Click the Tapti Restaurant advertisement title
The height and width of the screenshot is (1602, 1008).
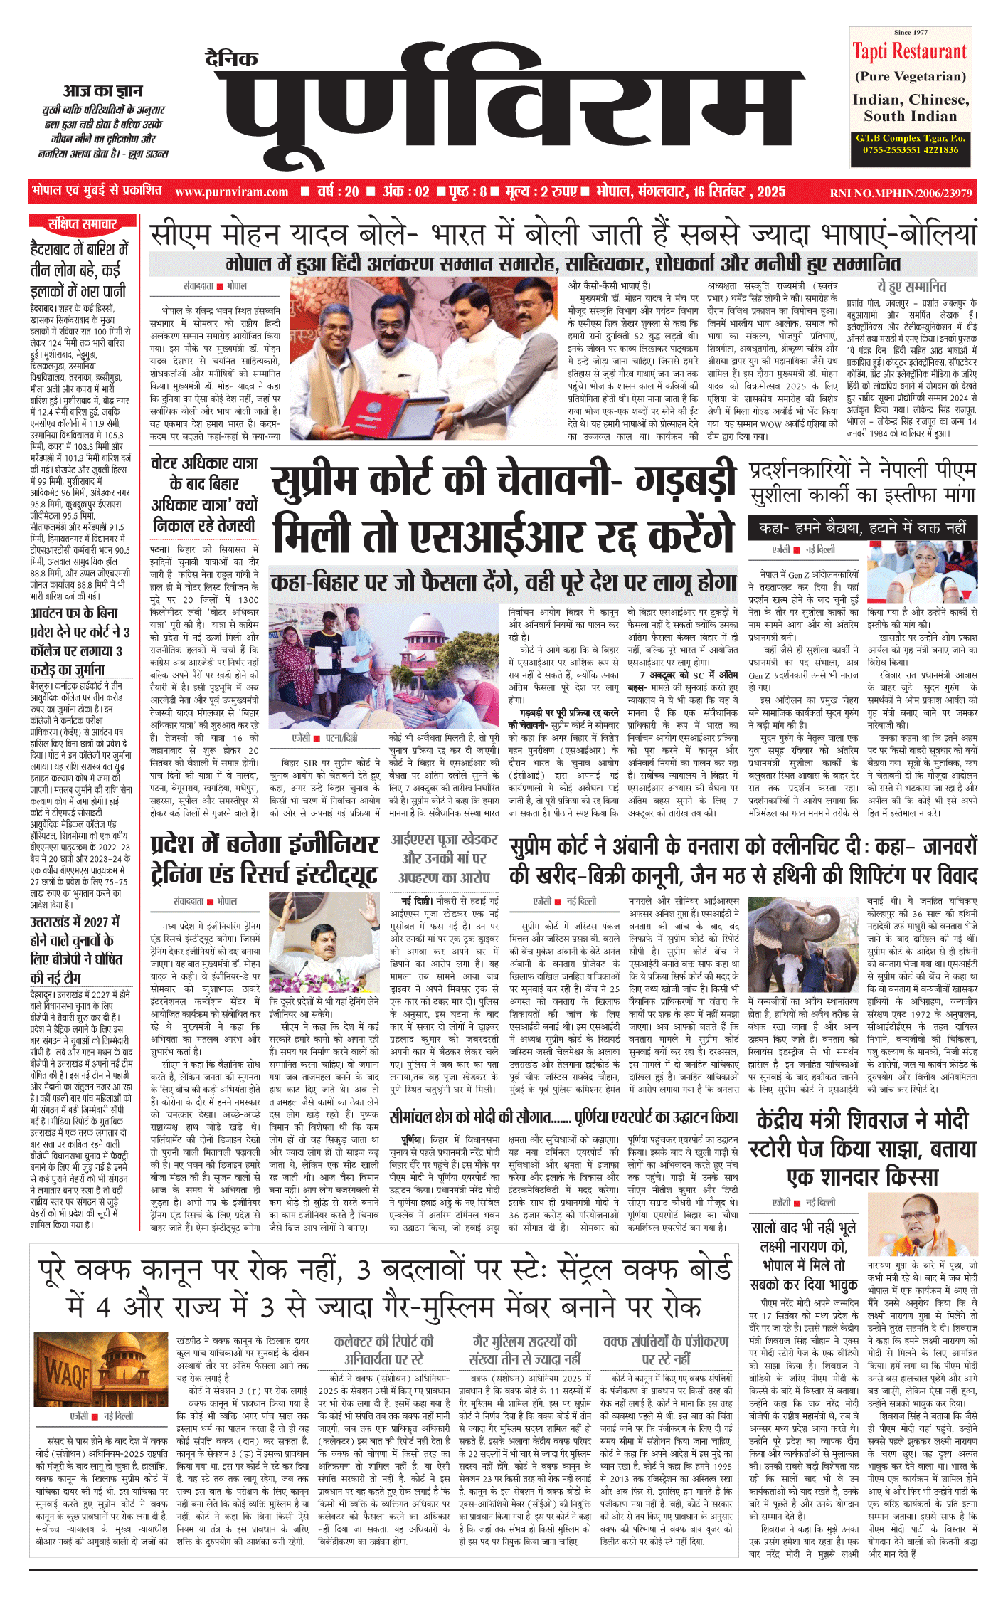point(910,52)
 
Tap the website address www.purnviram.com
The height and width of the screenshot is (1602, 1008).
point(231,192)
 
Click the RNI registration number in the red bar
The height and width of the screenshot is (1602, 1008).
point(901,193)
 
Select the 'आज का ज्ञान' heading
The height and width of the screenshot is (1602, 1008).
point(102,91)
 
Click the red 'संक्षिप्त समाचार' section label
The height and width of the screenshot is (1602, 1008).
point(82,224)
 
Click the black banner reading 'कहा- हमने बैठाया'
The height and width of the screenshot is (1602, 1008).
point(862,528)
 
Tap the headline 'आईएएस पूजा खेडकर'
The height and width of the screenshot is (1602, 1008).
point(444,840)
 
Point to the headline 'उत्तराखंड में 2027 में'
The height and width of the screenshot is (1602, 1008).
point(75,921)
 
